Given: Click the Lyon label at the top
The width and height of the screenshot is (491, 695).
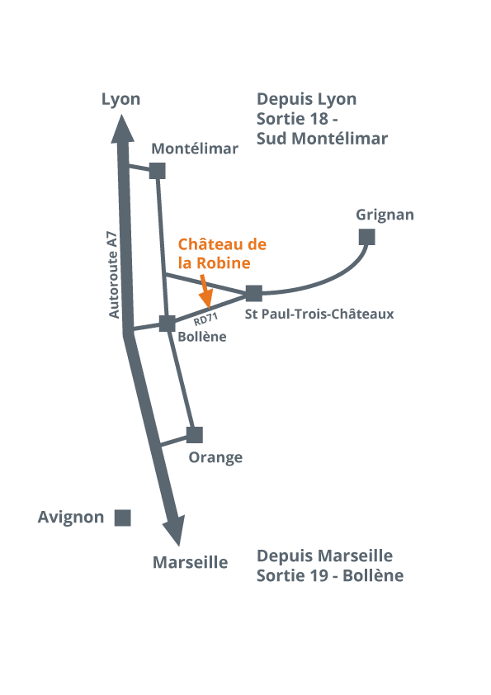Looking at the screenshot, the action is (x=120, y=100).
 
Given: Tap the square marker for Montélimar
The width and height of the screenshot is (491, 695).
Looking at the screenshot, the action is (x=158, y=171).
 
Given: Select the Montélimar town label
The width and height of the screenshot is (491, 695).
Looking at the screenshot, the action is (x=195, y=149).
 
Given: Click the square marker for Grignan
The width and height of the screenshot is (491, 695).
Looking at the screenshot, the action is (x=367, y=237).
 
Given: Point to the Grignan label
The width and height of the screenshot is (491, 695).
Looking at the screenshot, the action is (x=385, y=215).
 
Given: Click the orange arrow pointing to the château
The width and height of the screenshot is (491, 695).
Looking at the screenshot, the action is (x=205, y=291).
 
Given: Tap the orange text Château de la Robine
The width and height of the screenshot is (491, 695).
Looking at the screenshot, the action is (x=222, y=253).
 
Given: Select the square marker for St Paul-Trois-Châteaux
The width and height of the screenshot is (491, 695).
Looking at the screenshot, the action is (x=254, y=293).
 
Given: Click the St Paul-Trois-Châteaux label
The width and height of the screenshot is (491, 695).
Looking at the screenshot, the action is (x=319, y=314).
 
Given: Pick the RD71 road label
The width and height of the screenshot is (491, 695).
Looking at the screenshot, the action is (x=205, y=319).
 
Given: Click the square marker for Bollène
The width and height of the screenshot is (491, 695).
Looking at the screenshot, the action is (x=167, y=324).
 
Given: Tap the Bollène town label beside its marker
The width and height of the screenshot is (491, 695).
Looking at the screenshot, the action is (x=202, y=337).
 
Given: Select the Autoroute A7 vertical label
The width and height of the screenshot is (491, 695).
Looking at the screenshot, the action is (x=114, y=274).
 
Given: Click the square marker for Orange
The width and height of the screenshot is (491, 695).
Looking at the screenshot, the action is (x=195, y=435).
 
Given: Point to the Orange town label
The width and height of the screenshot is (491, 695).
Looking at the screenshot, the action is (x=215, y=458).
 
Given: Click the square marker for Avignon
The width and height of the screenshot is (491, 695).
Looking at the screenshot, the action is (x=123, y=518).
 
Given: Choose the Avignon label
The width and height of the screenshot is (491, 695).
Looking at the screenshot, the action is (x=71, y=518).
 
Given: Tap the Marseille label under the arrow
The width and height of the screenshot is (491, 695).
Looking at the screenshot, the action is (x=190, y=562).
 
